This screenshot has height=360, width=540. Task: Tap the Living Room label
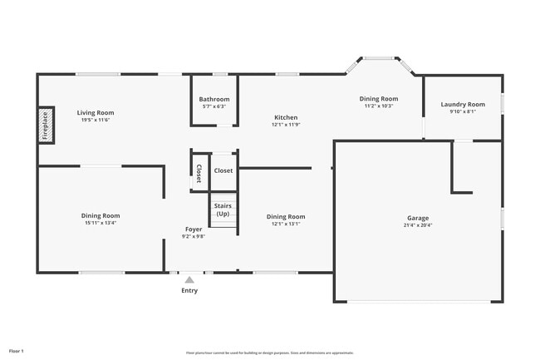(96, 112)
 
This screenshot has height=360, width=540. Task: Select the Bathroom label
(214, 100)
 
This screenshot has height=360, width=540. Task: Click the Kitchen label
(285, 117)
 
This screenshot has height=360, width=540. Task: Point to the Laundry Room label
(462, 104)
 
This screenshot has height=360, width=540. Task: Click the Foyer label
(193, 229)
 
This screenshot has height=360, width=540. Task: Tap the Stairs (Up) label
(223, 210)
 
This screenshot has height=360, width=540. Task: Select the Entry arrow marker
(189, 280)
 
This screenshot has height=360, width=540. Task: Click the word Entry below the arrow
(189, 291)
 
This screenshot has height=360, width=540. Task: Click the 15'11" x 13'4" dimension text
(100, 223)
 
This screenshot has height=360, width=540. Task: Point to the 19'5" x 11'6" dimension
(96, 120)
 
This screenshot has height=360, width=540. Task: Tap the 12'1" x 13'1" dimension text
(285, 224)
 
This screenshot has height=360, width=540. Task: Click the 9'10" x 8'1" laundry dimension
(462, 111)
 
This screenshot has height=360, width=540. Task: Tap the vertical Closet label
(199, 173)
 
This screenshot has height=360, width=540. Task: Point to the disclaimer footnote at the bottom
(269, 353)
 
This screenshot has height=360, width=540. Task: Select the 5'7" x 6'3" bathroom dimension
(214, 107)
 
